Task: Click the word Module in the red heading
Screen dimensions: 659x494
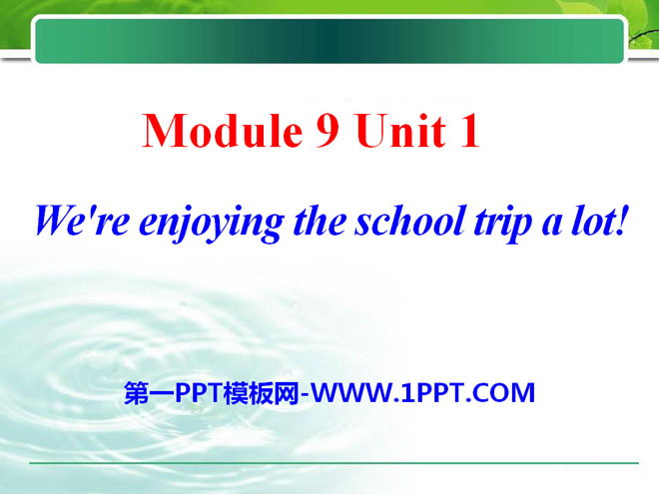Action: [x=223, y=130]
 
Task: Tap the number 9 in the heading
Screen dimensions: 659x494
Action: [x=328, y=131]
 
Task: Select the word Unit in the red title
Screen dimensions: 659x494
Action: [x=400, y=131]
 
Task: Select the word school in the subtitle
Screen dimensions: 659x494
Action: [x=409, y=221]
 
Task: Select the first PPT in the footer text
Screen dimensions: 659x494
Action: [x=199, y=393]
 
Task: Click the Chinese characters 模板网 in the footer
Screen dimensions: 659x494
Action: [x=261, y=393]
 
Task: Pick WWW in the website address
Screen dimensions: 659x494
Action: [x=351, y=393]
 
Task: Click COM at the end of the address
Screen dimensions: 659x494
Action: [x=503, y=393]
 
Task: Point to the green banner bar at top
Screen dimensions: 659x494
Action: [x=329, y=41]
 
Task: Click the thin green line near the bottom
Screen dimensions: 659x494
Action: [x=333, y=463]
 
